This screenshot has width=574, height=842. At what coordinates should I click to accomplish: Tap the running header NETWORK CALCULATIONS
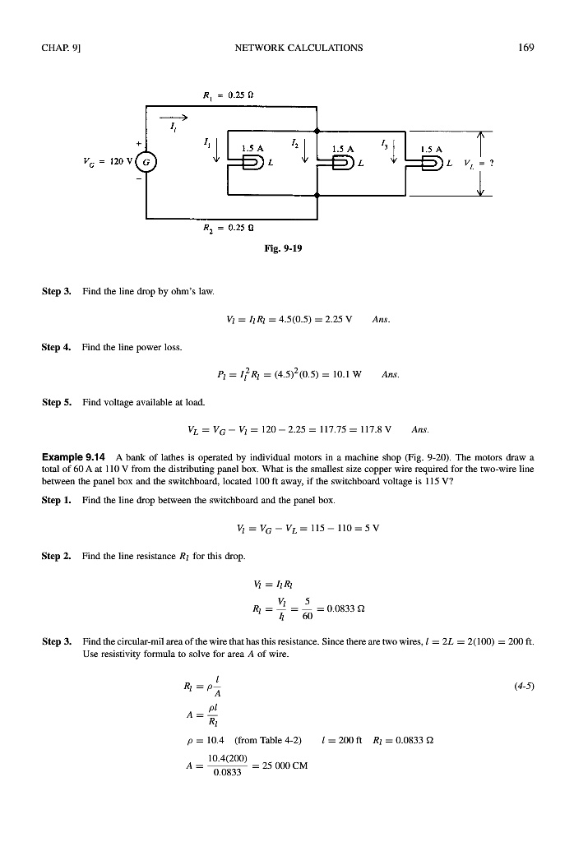coord(299,48)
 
